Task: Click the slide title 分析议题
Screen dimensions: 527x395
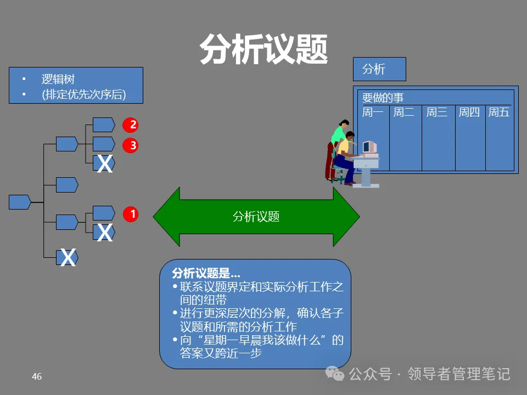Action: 263,50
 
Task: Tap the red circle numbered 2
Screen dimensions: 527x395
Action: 130,125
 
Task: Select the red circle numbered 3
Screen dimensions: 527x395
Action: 130,145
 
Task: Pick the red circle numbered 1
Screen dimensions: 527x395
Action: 130,214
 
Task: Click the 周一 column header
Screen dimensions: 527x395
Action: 373,112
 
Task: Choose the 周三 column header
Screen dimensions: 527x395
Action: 437,112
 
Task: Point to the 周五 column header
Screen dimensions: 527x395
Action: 499,112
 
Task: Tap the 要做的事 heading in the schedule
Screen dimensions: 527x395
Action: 383,98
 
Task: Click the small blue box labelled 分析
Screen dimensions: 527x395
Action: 379,69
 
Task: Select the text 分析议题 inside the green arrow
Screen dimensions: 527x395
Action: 256,217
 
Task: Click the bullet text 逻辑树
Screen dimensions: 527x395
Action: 58,80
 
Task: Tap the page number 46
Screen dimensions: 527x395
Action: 37,376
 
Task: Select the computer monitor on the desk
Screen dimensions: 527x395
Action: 369,147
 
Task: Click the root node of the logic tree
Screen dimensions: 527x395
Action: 19,202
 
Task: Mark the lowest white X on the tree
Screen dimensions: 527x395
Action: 68,257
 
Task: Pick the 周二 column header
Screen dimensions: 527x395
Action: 404,112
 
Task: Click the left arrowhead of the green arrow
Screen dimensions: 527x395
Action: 165,217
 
